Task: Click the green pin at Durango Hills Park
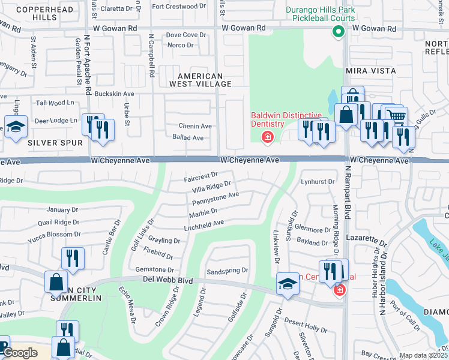338,34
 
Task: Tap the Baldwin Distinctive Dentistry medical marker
267,137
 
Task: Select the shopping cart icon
396,115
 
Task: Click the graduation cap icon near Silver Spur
15,127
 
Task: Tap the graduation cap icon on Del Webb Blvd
288,284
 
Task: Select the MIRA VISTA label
371,71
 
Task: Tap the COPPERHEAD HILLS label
44,14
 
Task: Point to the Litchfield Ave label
203,224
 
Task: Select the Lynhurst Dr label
318,181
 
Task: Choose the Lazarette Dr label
364,238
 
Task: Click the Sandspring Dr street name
227,271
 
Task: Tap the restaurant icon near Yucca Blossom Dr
72,258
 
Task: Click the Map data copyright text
424,355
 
